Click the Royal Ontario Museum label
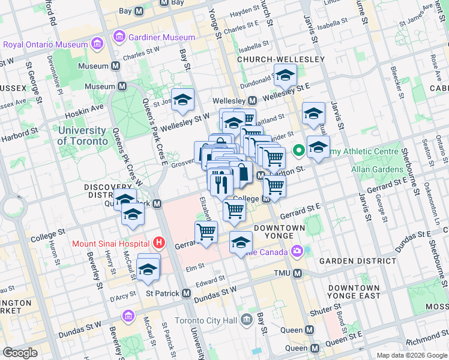point(45,44)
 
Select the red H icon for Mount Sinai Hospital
point(158,243)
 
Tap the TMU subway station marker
point(297,274)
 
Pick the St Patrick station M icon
point(186,293)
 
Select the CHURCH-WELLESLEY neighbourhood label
point(281,59)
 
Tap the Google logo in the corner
point(20,352)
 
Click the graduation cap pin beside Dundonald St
point(285,76)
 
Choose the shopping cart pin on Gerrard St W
point(206,232)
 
